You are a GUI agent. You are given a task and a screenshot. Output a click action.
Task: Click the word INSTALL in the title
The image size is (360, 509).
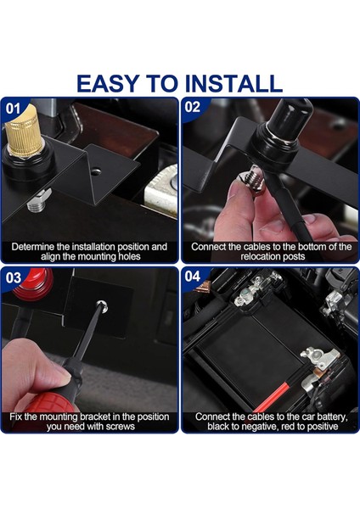click(233, 83)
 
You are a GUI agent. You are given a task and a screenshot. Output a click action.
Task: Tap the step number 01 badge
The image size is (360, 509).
click(13, 109)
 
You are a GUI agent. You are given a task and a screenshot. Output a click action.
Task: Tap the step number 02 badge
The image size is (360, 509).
click(193, 107)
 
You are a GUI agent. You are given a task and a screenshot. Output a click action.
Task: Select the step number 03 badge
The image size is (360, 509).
click(14, 278)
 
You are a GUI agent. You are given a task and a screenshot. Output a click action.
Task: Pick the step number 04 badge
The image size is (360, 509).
click(193, 277)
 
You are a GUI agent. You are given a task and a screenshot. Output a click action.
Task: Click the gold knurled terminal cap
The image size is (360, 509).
click(24, 131)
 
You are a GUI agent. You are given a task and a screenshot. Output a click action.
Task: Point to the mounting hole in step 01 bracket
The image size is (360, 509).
click(95, 171)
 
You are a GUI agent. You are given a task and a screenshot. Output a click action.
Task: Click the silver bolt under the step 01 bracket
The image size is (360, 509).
click(38, 199)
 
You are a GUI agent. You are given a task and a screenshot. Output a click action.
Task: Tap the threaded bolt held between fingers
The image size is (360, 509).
click(255, 180)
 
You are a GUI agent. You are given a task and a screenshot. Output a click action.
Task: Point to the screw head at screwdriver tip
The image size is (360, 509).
click(102, 305)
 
